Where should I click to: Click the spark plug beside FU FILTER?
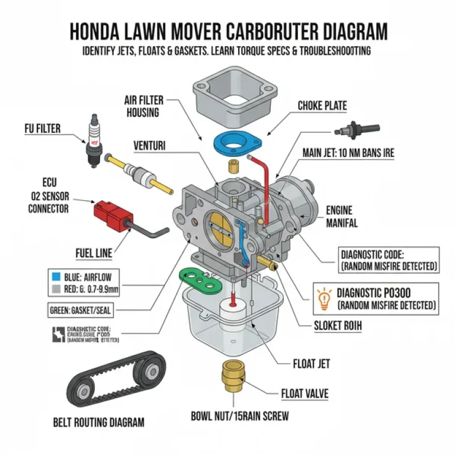coord(92,139)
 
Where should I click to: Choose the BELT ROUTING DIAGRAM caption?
coord(98,422)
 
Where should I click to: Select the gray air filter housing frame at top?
coord(235,94)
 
